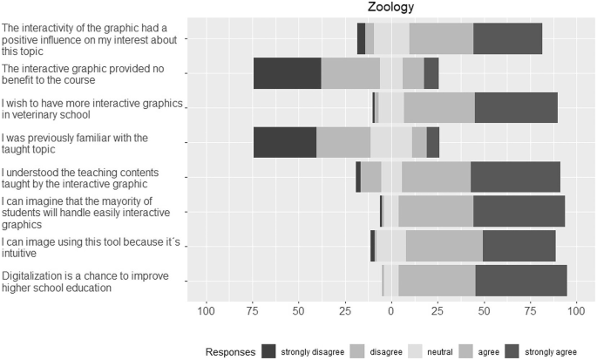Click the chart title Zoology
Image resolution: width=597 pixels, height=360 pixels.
390,8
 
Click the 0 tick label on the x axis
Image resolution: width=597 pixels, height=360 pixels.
390,311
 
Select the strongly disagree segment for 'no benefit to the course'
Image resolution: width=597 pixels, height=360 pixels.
287,73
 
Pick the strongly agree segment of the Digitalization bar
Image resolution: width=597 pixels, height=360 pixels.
521,282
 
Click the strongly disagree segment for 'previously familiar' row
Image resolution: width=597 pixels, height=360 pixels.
284,142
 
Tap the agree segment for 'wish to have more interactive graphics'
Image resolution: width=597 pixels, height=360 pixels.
439,108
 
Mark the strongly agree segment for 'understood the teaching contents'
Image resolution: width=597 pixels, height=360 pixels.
515,177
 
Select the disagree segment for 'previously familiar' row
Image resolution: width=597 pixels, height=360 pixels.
343,142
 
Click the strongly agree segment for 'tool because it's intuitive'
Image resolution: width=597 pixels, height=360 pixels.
519,247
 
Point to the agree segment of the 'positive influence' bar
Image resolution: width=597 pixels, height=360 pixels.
441,39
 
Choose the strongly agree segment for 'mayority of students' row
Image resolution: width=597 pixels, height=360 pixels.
519,212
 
